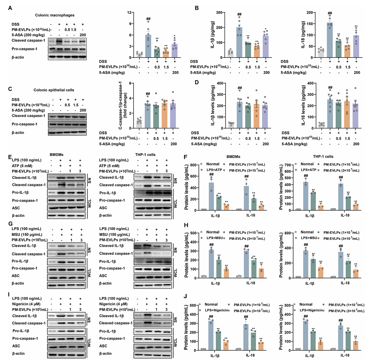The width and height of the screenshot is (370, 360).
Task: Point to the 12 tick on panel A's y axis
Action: pos(129,13)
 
